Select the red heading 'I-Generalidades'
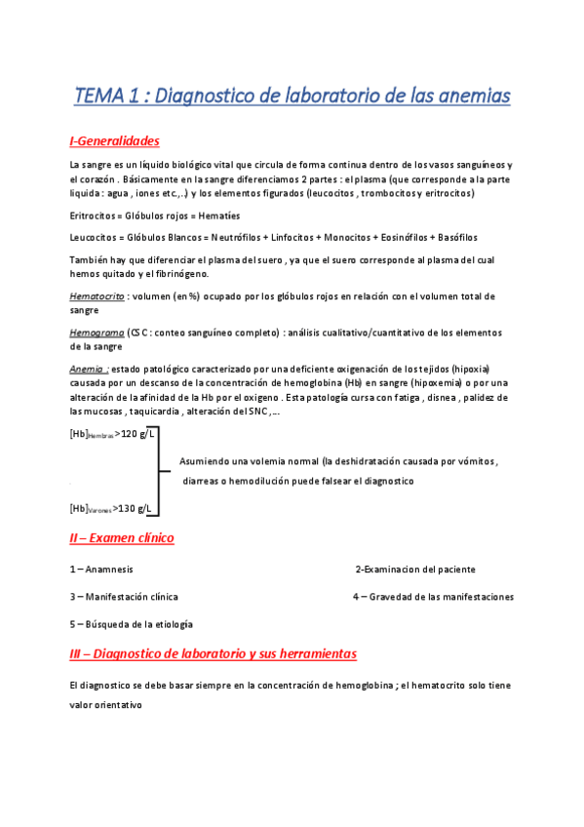114,141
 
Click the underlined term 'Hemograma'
96,333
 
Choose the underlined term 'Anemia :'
89,370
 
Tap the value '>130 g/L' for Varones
132,507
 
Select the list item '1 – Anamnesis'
101,570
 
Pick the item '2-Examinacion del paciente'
415,570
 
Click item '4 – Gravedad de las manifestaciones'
433,596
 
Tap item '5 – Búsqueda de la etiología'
131,623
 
